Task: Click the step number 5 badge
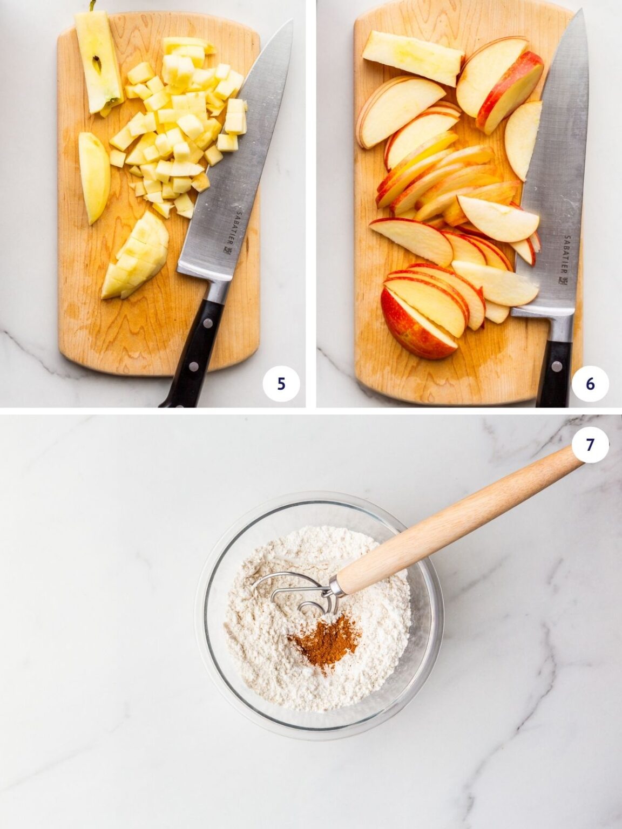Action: pyautogui.click(x=281, y=383)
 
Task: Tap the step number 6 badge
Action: pyautogui.click(x=590, y=383)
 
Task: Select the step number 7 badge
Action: pyautogui.click(x=590, y=444)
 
